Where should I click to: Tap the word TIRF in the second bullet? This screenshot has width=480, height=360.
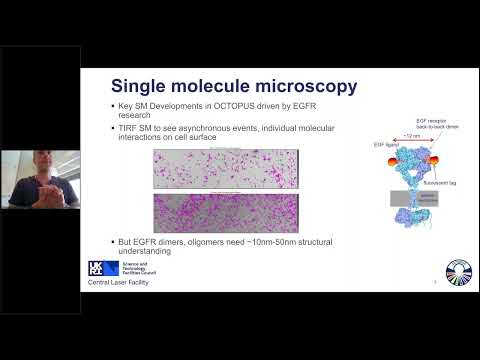(128, 128)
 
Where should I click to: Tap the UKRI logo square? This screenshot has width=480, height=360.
(96, 268)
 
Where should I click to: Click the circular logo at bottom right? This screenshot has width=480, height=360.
(459, 272)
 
